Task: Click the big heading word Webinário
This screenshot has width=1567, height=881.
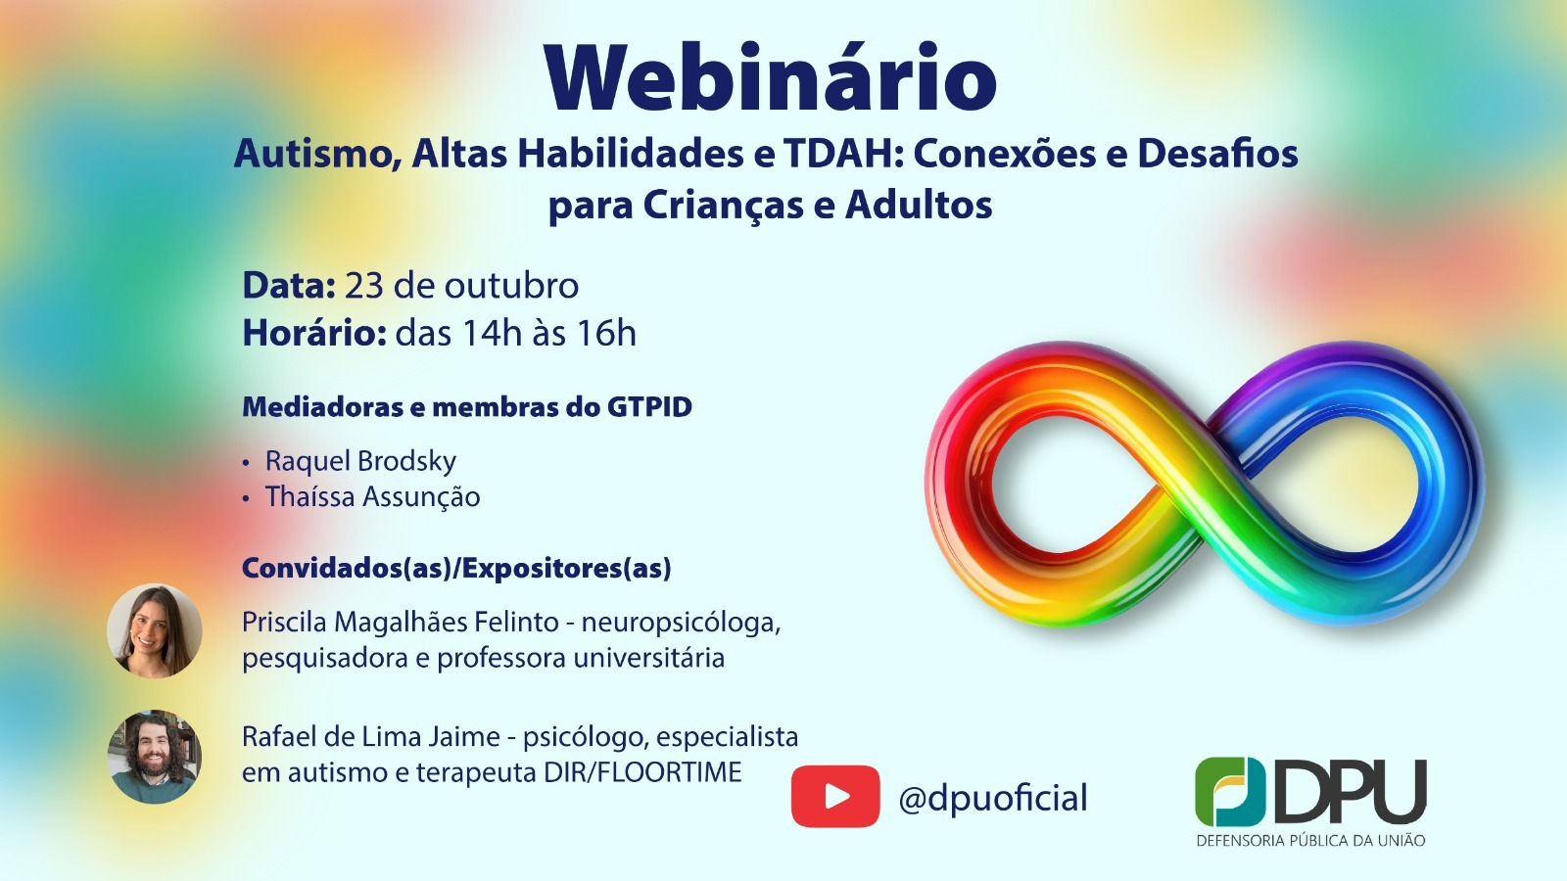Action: [x=770, y=77]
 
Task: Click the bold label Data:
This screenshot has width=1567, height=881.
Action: [x=289, y=285]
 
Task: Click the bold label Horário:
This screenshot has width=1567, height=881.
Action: [x=314, y=333]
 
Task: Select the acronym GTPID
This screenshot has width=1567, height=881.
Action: [x=650, y=407]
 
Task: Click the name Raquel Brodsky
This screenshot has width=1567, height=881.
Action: [x=360, y=461]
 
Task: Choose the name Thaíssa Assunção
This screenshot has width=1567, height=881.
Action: [x=373, y=497]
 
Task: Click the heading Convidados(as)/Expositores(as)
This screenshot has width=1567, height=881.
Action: [x=456, y=569]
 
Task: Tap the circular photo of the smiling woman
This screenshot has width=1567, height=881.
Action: [x=154, y=630]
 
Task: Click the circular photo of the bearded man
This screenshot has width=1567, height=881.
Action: [x=154, y=756]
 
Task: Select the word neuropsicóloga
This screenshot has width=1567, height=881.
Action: [x=681, y=623]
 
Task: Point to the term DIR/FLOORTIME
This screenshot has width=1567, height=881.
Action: [x=642, y=772]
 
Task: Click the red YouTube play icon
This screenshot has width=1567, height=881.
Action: [x=835, y=797]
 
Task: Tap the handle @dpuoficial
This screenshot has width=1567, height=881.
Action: [x=993, y=798]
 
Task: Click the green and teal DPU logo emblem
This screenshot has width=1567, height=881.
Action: [x=1230, y=792]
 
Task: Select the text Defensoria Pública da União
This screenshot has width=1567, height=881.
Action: [x=1310, y=841]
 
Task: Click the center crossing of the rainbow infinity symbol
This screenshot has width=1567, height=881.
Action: [x=1205, y=483]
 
